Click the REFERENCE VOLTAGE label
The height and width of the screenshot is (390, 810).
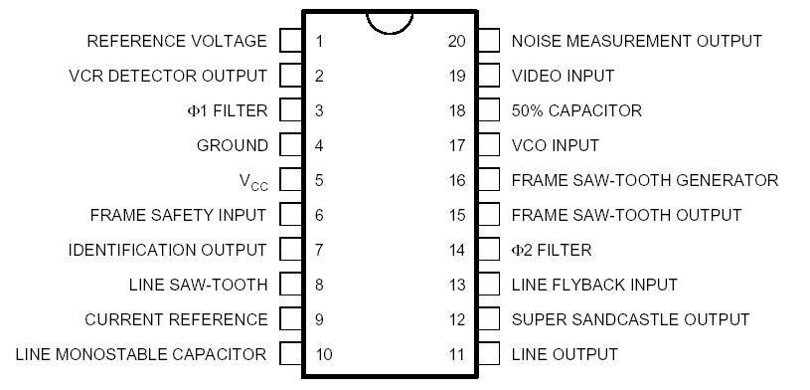pyautogui.click(x=177, y=41)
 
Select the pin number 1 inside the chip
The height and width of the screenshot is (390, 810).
pyautogui.click(x=319, y=41)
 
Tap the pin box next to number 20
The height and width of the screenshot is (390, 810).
pyautogui.click(x=488, y=41)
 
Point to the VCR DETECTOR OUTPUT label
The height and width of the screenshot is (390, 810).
pyautogui.click(x=168, y=76)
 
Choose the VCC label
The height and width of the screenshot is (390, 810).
pyautogui.click(x=253, y=181)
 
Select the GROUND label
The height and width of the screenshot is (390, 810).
pyautogui.click(x=232, y=145)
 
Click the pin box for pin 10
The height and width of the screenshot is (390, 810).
pyautogui.click(x=290, y=354)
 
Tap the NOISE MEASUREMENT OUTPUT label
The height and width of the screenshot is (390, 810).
pyautogui.click(x=636, y=41)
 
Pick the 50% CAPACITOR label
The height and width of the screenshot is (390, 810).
pyautogui.click(x=576, y=110)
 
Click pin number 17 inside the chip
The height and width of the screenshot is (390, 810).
pyautogui.click(x=456, y=145)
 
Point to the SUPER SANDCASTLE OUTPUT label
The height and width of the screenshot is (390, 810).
pyautogui.click(x=630, y=319)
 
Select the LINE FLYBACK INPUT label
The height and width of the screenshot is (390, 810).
pyautogui.click(x=594, y=285)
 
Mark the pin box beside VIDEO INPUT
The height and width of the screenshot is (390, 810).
pyautogui.click(x=488, y=76)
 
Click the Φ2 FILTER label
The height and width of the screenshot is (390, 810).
pyautogui.click(x=551, y=250)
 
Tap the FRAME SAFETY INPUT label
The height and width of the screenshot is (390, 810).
pyautogui.click(x=178, y=215)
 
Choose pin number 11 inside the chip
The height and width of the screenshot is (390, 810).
pyautogui.click(x=456, y=354)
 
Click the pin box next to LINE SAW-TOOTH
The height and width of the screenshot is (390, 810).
pyautogui.click(x=290, y=285)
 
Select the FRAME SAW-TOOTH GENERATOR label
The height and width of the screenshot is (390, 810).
pyautogui.click(x=644, y=180)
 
